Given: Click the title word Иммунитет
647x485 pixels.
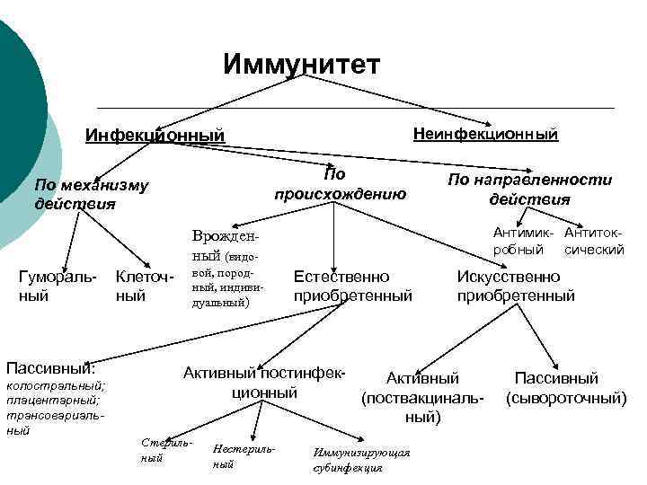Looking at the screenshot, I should point(302,65).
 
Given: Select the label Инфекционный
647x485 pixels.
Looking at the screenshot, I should point(154,136).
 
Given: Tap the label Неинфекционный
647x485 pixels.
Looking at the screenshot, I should point(485,134).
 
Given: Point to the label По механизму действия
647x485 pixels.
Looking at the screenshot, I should point(90,194).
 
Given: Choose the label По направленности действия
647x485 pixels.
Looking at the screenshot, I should point(529,190).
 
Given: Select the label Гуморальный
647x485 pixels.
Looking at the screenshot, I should point(57,286).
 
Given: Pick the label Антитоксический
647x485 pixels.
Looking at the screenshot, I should point(594,241).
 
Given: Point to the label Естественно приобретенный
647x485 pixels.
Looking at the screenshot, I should point(352,286).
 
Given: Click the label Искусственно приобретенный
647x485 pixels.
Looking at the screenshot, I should point(515,286).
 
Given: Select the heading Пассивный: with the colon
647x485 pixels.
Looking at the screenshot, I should point(50,368).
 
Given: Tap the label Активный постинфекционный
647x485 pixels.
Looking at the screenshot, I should point(264,383).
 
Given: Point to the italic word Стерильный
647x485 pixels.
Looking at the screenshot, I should point(165,450).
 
